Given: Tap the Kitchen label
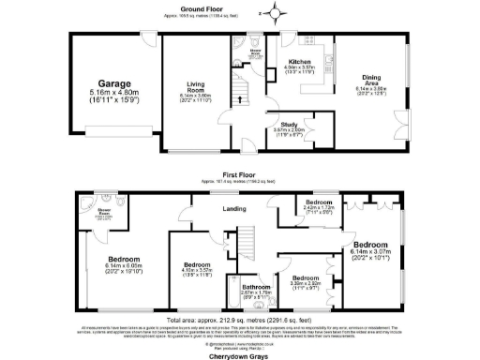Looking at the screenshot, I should click(x=300, y=61).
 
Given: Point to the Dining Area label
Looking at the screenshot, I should click(x=374, y=81).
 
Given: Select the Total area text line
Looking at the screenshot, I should click(x=240, y=319).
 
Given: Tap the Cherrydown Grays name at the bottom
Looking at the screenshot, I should click(x=240, y=345).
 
